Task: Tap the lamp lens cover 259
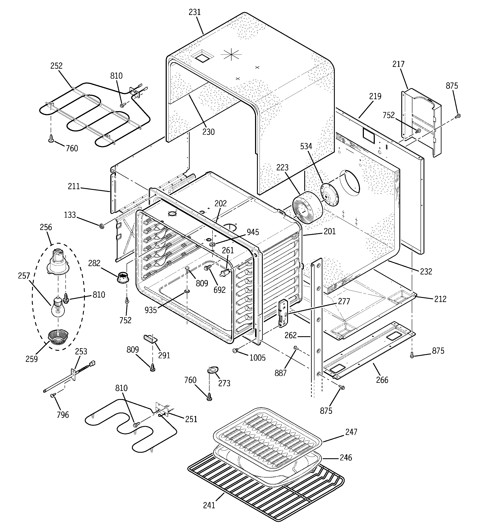point(58,337)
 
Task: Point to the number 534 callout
point(306,146)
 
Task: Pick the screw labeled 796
point(52,396)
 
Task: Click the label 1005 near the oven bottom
point(257,358)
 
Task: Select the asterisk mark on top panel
point(231,55)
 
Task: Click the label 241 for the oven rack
point(209,505)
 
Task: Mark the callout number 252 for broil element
point(56,66)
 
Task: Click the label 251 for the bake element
point(191,419)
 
